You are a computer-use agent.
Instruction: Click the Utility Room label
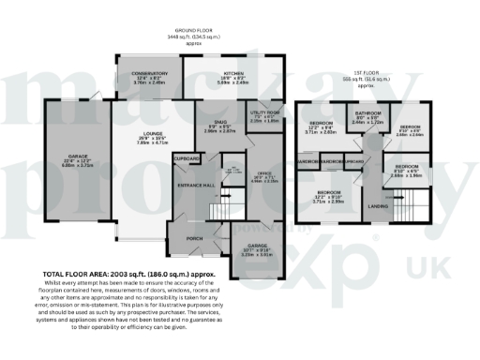point(264,112)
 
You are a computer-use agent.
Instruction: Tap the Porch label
point(195,237)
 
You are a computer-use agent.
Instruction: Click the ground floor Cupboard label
point(186,159)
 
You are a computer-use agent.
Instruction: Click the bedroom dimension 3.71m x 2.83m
point(322,132)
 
